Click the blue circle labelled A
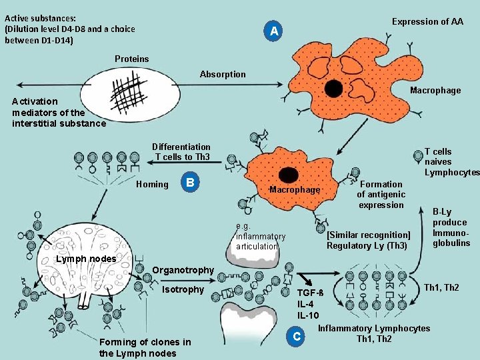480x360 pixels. (273, 31)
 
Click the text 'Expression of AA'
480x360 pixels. (427, 21)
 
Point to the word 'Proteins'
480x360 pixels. (132, 59)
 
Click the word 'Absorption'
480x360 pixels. (223, 74)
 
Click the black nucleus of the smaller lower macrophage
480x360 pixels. (289, 174)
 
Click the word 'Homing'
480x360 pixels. (152, 184)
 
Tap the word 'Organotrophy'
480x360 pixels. (183, 270)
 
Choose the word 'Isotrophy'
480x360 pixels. (183, 289)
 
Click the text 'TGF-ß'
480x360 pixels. (310, 293)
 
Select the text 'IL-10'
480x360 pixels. (308, 315)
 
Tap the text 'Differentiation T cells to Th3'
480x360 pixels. (181, 152)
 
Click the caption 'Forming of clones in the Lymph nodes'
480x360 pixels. (145, 347)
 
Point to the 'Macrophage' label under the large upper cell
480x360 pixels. (435, 91)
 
